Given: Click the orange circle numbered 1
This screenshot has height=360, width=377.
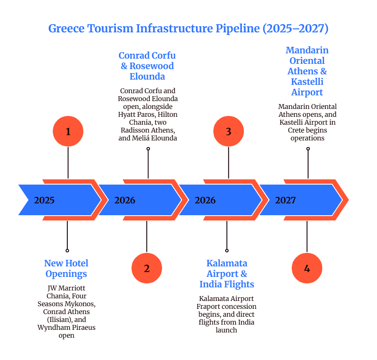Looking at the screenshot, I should coord(68,131).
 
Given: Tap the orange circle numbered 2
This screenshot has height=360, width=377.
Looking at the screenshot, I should coord(147,269).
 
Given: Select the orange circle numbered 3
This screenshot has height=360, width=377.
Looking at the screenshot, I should coord(228,131).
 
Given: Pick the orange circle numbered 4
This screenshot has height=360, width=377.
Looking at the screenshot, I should coord(307,269).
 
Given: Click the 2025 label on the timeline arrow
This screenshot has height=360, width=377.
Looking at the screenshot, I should coord(45,201).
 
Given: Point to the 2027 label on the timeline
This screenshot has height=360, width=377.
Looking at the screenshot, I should coord(285,201).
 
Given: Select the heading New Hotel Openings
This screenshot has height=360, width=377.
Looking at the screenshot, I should coord(66,269).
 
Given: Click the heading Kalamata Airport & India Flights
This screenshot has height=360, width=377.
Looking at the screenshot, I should coord(227,274).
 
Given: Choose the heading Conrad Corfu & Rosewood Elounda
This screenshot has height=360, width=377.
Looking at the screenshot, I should coord(147,66).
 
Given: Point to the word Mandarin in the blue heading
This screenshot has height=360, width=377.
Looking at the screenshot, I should coord(307,50).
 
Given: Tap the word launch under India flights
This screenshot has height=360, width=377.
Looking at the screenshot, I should coord(226,330).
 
